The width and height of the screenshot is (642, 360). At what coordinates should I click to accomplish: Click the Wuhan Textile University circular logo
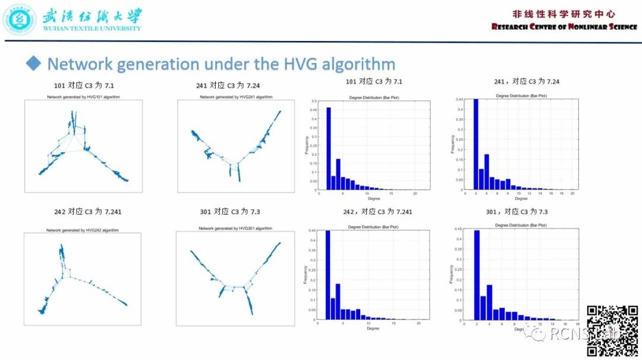(20, 19)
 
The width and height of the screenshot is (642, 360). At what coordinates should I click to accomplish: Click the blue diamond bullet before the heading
(33, 63)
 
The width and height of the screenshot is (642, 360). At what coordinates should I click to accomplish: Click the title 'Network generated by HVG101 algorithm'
(84, 97)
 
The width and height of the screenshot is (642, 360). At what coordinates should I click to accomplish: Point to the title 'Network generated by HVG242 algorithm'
(83, 230)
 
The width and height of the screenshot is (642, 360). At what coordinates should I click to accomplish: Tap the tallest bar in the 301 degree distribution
(477, 275)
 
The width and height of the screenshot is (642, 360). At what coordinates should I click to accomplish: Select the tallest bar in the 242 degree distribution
(328, 275)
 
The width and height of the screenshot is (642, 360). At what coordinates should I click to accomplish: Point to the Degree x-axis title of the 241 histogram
(521, 198)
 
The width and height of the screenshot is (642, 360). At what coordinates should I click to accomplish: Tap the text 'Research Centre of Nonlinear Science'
(564, 27)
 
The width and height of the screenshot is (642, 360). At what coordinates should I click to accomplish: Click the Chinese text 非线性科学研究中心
(564, 14)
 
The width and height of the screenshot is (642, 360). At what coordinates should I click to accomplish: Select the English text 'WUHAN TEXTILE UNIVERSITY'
(92, 28)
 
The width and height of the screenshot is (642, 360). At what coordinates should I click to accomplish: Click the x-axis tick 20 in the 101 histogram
(413, 194)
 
